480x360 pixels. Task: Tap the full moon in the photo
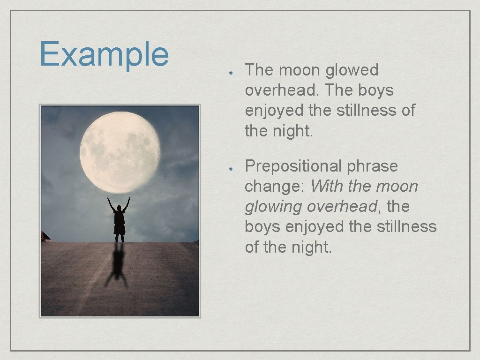pyautogui.click(x=120, y=152)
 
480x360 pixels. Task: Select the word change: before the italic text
pyautogui.click(x=275, y=187)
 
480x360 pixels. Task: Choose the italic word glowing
pyautogui.click(x=274, y=207)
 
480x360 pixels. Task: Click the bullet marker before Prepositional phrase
pyautogui.click(x=231, y=168)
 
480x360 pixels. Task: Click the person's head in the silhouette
pyautogui.click(x=119, y=208)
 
